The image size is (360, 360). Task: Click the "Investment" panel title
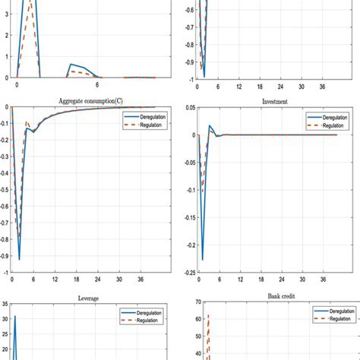[267, 101]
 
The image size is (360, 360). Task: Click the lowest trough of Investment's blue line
[202, 261]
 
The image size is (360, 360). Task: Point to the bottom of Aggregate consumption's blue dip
[20, 260]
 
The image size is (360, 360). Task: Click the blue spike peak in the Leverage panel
[14, 317]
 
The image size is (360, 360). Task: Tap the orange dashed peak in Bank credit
[208, 314]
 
